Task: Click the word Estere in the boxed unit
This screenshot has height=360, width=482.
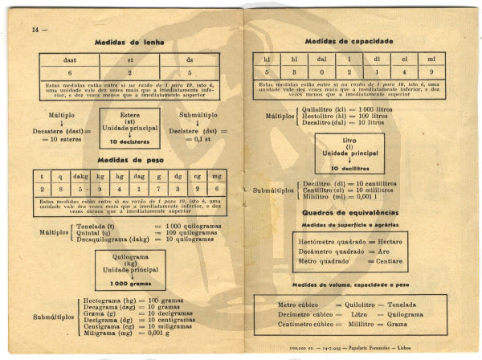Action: coord(130,115)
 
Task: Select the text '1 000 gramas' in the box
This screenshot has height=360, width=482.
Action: coord(130,284)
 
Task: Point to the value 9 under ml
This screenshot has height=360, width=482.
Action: coord(431,72)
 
